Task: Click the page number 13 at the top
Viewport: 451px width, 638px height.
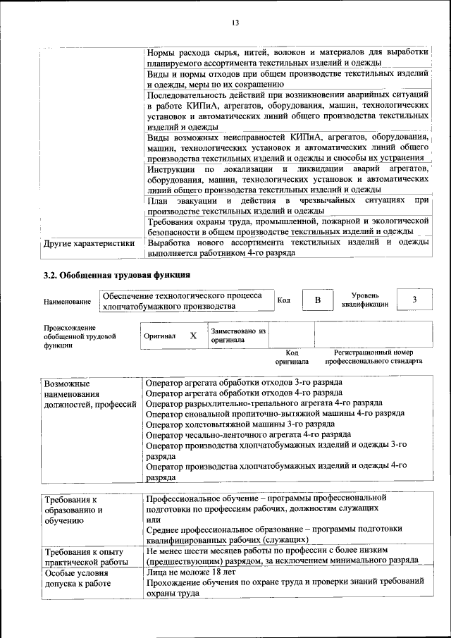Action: [x=235, y=23]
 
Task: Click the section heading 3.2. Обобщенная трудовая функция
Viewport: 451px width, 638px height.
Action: [x=116, y=275]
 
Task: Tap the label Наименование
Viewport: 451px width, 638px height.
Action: [x=67, y=302]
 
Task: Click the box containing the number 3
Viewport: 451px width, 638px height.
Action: [x=414, y=300]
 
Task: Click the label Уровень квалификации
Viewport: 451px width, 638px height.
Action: [x=365, y=300]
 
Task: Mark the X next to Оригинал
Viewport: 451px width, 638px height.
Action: [x=193, y=336]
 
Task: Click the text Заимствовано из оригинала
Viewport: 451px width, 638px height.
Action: [x=237, y=335]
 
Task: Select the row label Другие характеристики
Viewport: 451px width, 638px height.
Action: [x=89, y=244]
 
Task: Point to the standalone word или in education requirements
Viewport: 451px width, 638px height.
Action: [x=153, y=518]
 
